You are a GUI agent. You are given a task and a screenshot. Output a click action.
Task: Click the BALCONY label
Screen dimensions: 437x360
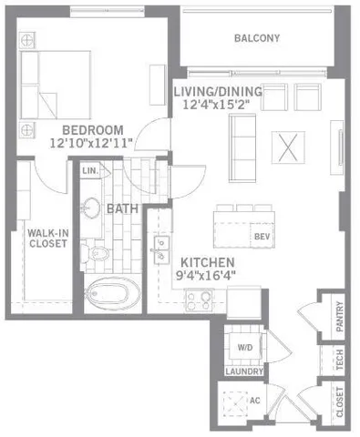pos(256,38)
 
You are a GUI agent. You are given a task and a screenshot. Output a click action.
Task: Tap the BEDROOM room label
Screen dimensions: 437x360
pos(94,128)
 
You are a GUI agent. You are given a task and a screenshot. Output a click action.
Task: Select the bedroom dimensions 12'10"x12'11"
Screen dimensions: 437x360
pos(94,142)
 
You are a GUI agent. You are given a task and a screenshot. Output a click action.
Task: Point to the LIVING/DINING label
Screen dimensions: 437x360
pos(218,91)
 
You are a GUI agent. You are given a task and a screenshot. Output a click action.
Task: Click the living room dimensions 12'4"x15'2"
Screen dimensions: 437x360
pos(218,105)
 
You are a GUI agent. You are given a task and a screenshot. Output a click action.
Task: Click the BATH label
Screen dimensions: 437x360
pos(121,208)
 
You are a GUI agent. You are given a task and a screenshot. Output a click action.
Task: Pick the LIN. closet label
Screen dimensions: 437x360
pos(90,170)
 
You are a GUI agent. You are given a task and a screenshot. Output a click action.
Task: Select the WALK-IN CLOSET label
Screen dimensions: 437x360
pos(43,239)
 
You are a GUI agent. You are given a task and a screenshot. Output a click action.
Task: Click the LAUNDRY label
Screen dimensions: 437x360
pos(245,371)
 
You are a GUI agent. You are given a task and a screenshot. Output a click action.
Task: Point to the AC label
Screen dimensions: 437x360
pos(254,399)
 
